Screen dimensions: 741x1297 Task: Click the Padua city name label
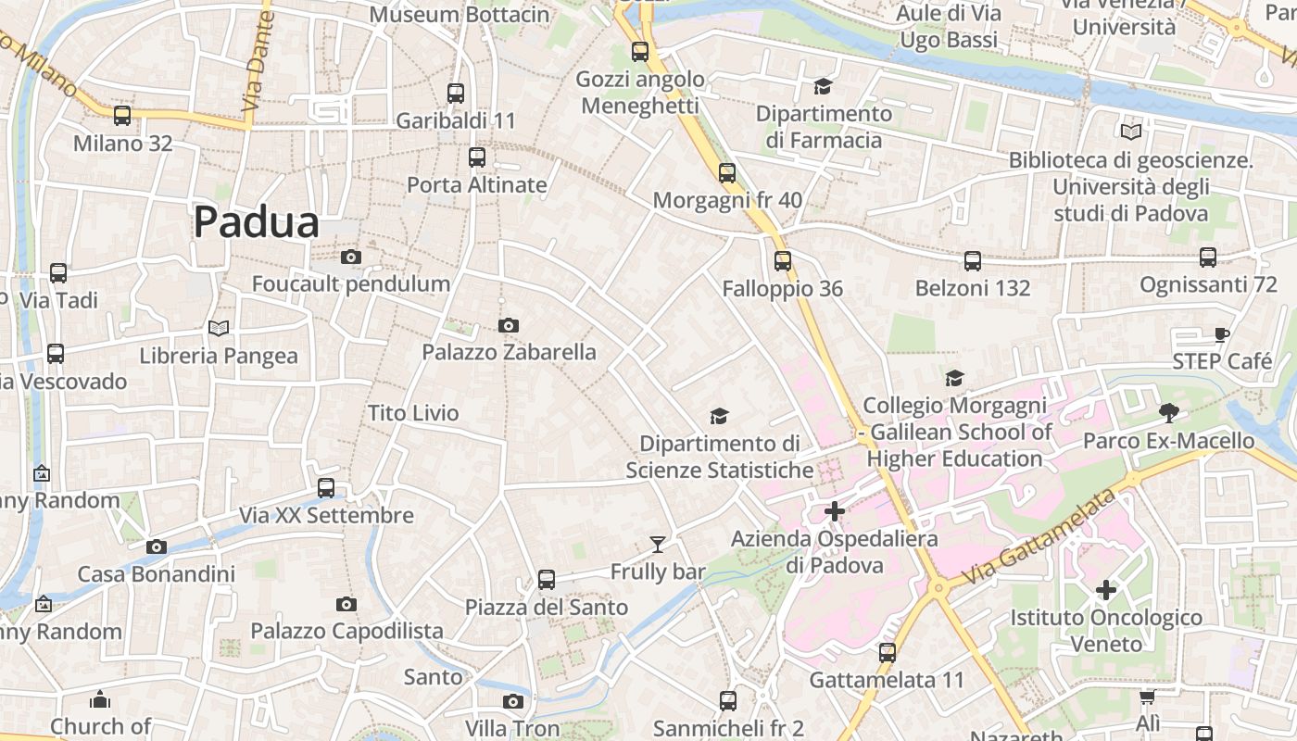[x=257, y=222]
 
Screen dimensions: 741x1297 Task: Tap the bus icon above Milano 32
[x=122, y=116]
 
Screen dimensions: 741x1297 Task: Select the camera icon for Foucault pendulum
[x=351, y=257]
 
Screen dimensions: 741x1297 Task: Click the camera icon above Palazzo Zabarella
[x=508, y=325]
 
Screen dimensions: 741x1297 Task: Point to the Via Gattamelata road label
[x=1037, y=537]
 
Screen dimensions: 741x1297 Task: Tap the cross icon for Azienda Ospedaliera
[x=835, y=511]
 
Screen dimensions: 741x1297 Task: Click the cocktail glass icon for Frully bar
[x=658, y=545]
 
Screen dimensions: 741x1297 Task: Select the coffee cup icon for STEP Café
[x=1222, y=334]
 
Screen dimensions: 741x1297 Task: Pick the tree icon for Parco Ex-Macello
[x=1168, y=413]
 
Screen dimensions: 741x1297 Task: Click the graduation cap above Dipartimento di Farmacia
[x=823, y=87]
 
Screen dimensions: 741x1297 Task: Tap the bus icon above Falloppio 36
[x=783, y=261]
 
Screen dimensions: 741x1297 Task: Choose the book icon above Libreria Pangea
[x=219, y=328]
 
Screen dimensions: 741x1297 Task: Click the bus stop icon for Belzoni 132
[x=973, y=261]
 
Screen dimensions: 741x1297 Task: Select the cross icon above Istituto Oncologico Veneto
[x=1106, y=589]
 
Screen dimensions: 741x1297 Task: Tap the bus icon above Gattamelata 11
[x=888, y=652]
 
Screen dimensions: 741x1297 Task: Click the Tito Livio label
[x=413, y=413]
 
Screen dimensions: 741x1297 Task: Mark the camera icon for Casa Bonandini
[x=157, y=546]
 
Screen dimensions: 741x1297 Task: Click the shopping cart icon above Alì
[x=1147, y=697]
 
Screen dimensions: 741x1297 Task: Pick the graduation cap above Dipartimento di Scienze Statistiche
[x=719, y=416]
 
